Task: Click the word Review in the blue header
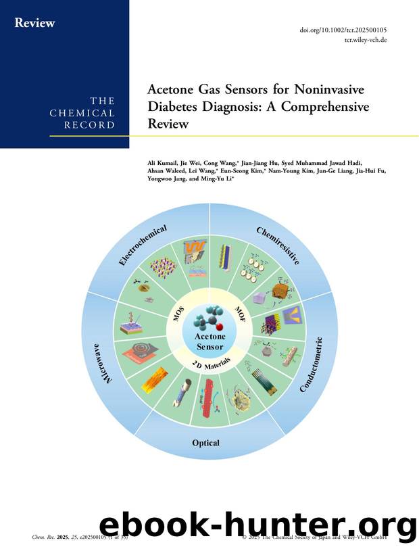(x=35, y=23)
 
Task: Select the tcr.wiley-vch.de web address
(x=365, y=41)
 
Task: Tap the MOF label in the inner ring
(x=241, y=314)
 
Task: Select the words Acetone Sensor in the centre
(x=210, y=341)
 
